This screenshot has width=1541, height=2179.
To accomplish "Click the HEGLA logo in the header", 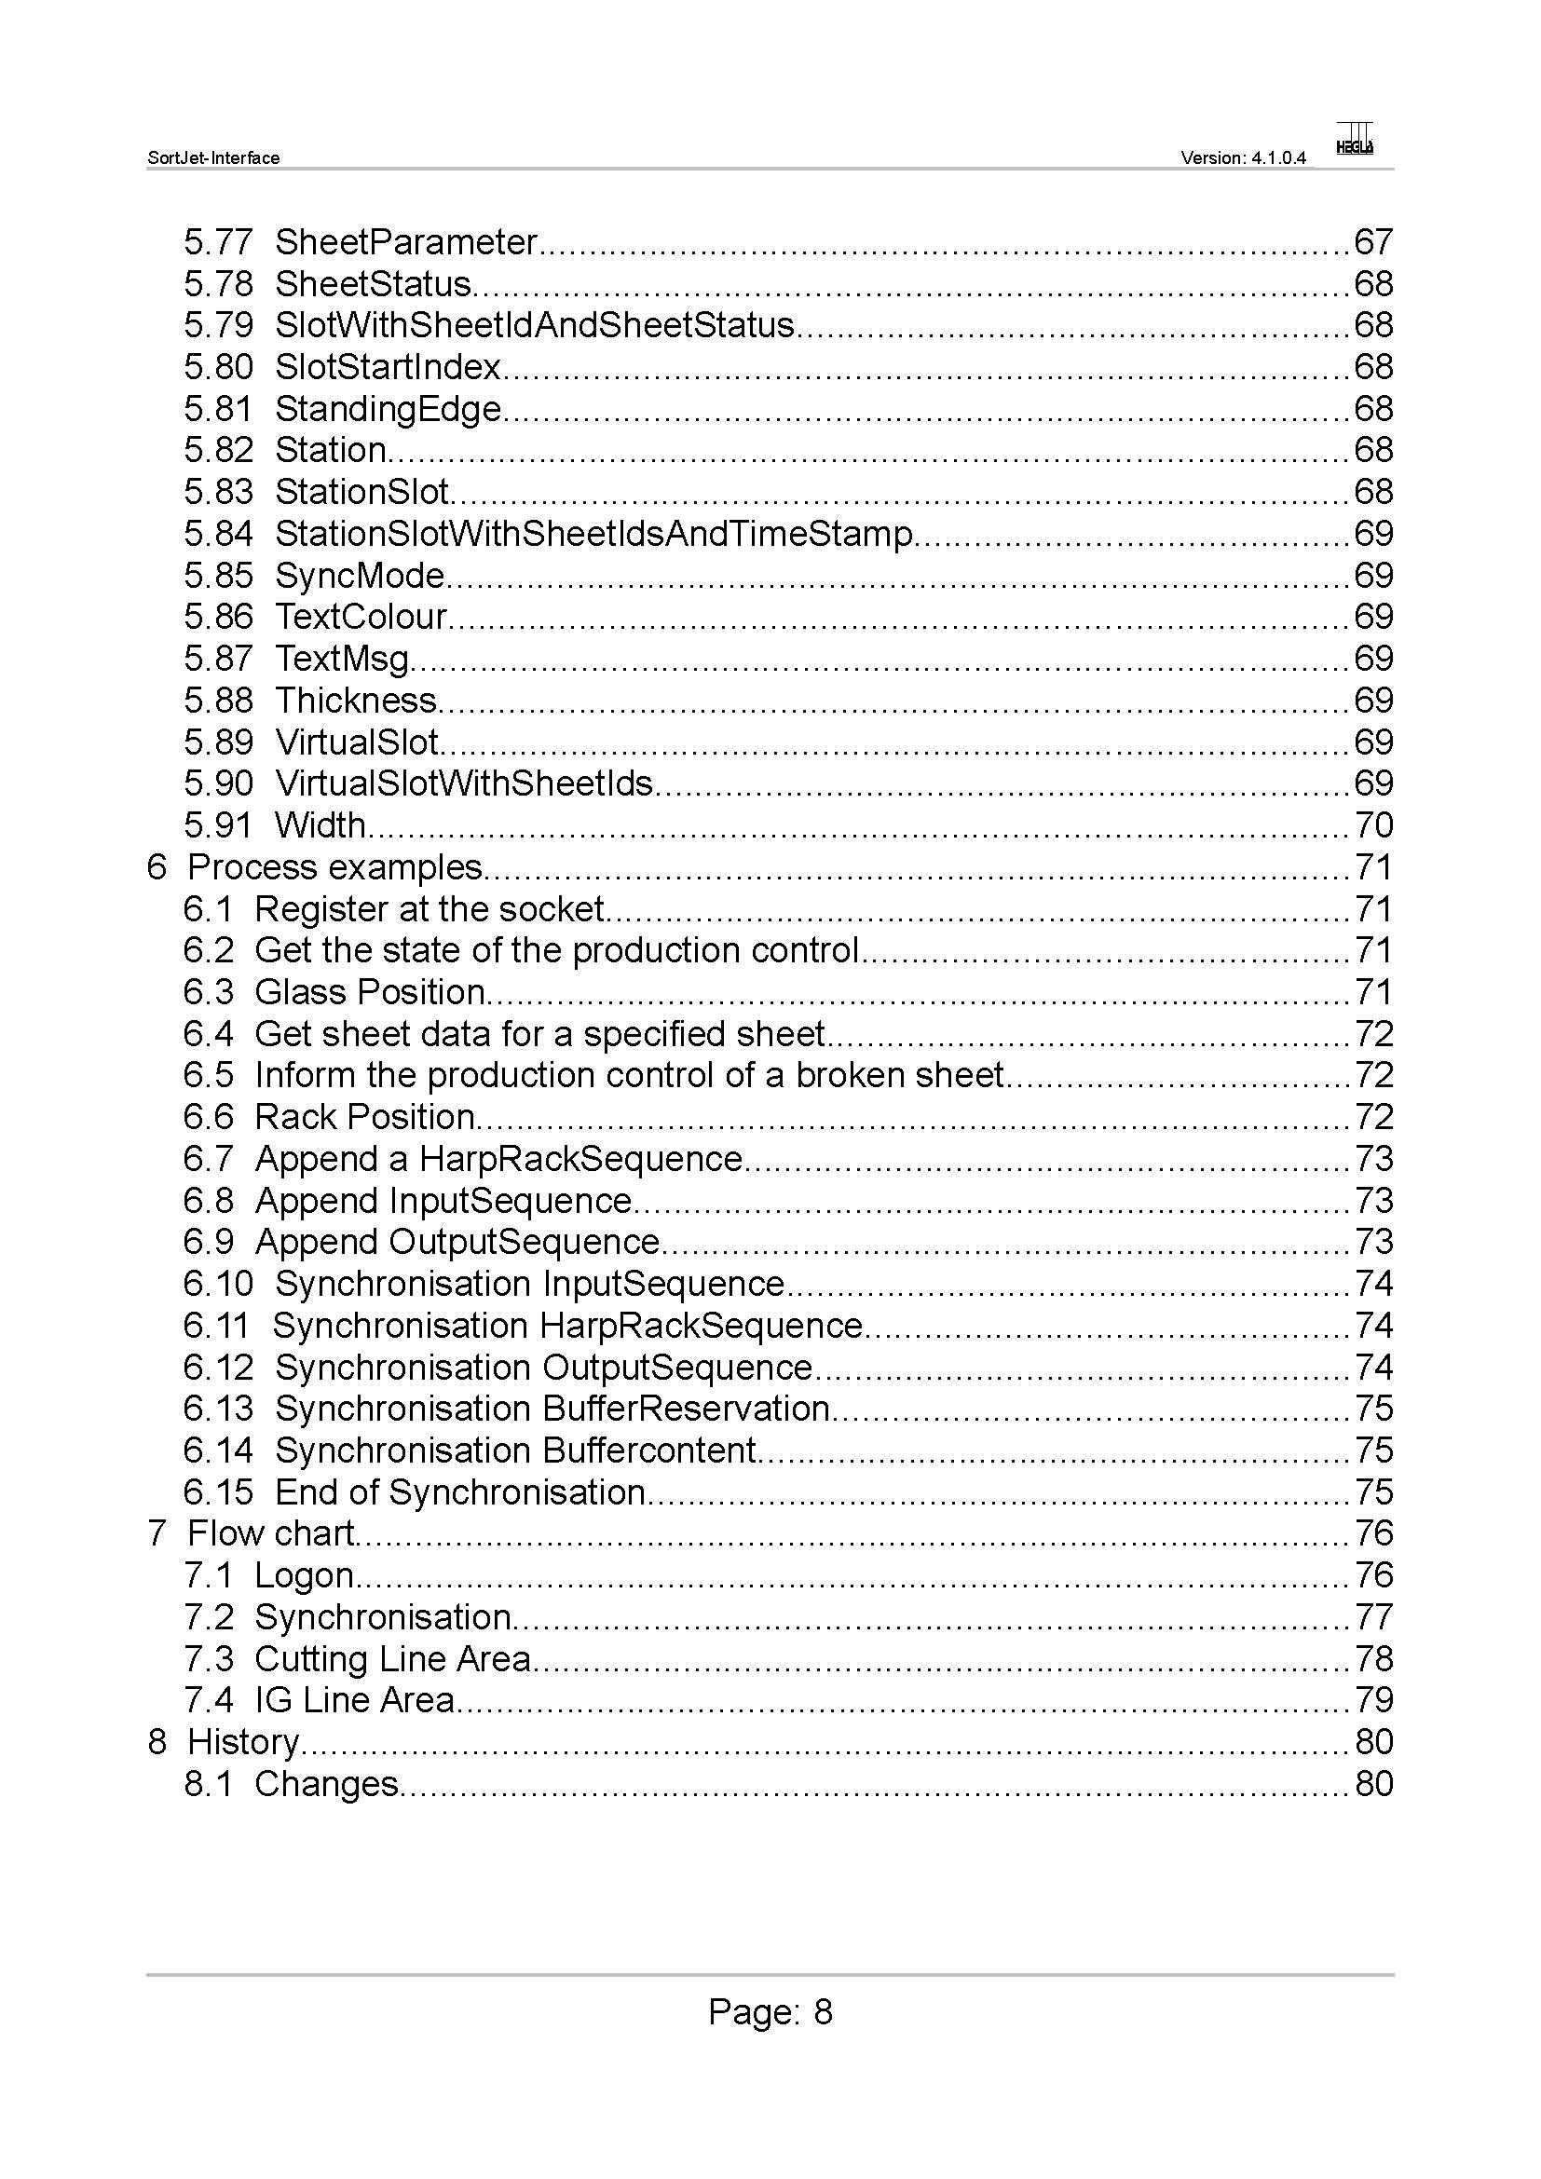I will (x=1354, y=140).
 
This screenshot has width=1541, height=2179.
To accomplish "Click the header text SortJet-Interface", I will (x=213, y=158).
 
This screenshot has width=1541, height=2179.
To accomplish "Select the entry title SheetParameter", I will (x=406, y=243).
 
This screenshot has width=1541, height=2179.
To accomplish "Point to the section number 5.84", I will (x=218, y=535).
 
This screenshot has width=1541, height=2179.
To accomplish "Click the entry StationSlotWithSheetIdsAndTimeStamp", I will (x=594, y=535).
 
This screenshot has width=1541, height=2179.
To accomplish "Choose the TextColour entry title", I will (x=361, y=618).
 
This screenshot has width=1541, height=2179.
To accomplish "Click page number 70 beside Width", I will (x=1373, y=825).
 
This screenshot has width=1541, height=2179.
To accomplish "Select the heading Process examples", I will (x=335, y=867).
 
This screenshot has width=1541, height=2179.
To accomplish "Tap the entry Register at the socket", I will (x=429, y=909).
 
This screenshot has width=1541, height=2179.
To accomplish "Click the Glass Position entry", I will (x=370, y=993).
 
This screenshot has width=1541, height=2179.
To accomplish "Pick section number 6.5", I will (x=208, y=1075).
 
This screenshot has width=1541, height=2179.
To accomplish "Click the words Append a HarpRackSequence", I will (x=498, y=1159).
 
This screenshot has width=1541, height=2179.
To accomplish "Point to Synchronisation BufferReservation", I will (x=552, y=1410).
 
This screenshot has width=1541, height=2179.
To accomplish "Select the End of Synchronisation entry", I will (x=460, y=1492).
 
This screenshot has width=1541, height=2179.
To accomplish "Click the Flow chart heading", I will (x=270, y=1533).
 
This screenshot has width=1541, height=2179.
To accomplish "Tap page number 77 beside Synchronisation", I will (x=1373, y=1617).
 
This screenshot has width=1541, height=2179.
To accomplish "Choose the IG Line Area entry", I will (x=355, y=1701).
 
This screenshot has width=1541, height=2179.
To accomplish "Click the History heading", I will (x=243, y=1742).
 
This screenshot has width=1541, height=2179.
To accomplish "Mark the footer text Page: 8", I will (x=770, y=2012).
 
